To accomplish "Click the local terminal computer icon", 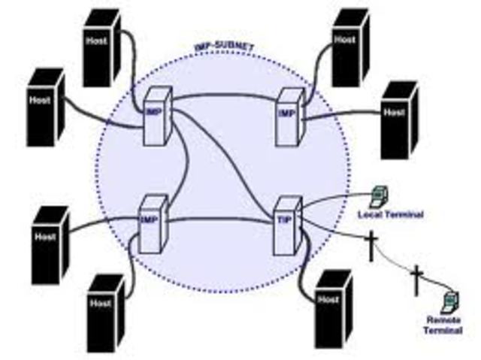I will (377, 197).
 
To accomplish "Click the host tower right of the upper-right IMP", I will (399, 119).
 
